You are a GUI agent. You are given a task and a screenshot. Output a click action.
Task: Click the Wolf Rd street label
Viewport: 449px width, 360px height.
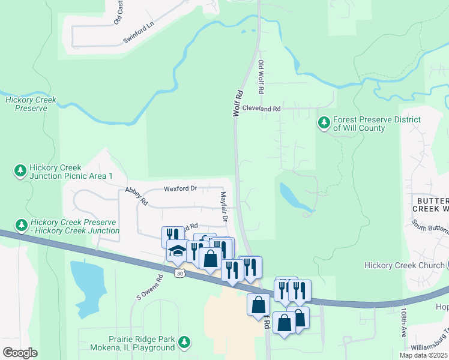point(238,103)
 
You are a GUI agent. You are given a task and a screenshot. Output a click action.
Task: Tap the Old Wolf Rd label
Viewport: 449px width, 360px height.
point(261,77)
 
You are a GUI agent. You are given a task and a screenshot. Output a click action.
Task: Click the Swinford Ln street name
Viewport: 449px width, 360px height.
point(139,33)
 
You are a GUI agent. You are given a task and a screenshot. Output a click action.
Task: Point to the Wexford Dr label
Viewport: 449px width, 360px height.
point(180,188)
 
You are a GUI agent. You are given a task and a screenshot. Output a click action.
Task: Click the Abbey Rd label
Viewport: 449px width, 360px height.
point(136,196)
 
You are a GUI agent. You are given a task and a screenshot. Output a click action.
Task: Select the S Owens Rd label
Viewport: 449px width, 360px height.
point(150,287)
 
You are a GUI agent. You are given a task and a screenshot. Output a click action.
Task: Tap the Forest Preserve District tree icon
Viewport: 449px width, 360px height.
point(324,123)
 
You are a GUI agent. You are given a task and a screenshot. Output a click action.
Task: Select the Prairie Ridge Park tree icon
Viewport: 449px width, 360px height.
point(185,343)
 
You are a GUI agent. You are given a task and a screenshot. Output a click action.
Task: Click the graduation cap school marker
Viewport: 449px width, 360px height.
point(178,251)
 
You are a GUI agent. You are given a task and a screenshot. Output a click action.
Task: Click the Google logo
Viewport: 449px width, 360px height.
point(20,353)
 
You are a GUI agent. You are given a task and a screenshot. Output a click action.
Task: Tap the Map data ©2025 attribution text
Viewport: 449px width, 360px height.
point(423,355)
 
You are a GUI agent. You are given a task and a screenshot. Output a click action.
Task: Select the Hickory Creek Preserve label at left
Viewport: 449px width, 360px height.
point(31,104)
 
